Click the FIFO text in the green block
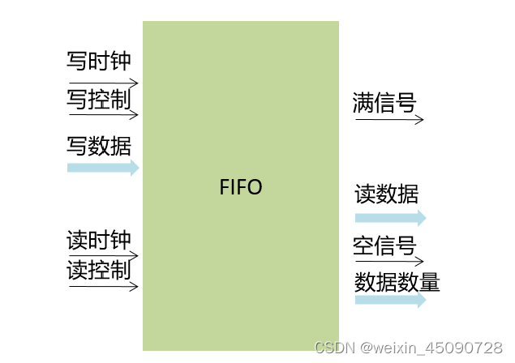click(242, 187)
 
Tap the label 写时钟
click(98, 61)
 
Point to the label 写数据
click(98, 147)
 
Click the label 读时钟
click(98, 240)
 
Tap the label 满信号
click(384, 103)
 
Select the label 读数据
click(387, 194)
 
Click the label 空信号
click(384, 246)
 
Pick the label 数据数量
click(397, 283)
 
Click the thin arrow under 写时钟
click(103, 83)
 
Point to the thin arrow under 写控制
click(103, 114)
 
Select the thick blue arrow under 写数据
click(103, 168)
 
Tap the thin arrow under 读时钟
click(103, 255)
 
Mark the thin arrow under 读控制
click(103, 285)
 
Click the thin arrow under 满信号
click(389, 120)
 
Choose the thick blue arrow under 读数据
click(390, 217)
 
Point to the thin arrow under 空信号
click(389, 262)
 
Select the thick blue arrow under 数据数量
click(390, 300)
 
